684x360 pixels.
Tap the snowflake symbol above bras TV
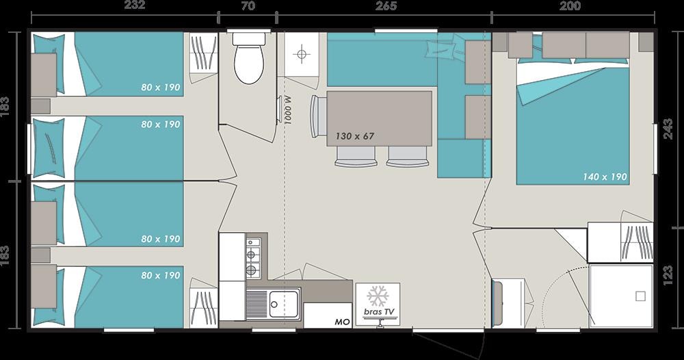coord(378,296)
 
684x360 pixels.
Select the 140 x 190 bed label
coord(605,177)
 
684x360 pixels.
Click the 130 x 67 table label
coord(354,136)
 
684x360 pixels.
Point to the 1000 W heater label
coord(288,110)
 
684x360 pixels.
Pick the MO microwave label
coord(342,322)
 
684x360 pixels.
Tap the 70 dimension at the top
coord(248,5)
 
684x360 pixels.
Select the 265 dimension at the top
coord(386,5)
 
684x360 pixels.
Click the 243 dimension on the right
coord(668,129)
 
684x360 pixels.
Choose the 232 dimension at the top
coord(134,5)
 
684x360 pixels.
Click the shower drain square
coord(640,297)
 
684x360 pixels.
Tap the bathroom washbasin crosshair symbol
coord(302,54)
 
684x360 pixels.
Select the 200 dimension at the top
coord(570,5)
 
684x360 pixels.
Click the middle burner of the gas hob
coord(252,255)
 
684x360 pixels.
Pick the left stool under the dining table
coord(356,157)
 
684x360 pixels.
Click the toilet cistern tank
coord(249,38)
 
